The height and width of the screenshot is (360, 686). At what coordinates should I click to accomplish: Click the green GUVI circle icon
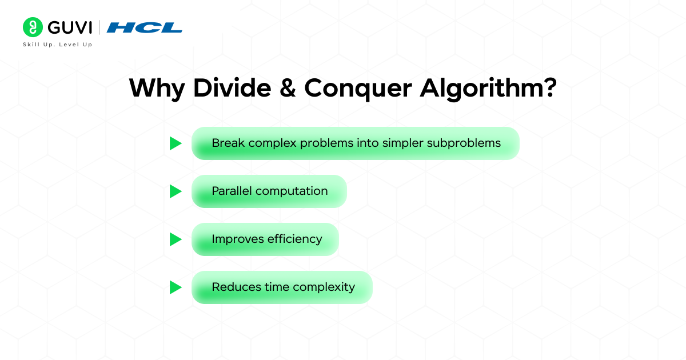click(x=33, y=27)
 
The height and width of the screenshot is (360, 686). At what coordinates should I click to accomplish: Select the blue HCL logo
click(x=144, y=27)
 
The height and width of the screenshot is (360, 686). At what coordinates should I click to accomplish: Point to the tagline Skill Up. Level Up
click(x=57, y=45)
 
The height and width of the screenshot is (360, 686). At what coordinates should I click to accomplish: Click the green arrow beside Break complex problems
click(x=175, y=143)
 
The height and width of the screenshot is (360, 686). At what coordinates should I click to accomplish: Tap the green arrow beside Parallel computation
click(x=175, y=191)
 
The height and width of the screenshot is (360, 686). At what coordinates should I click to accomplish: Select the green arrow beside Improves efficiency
click(x=175, y=239)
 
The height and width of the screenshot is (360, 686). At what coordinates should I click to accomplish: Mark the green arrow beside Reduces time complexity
click(x=175, y=287)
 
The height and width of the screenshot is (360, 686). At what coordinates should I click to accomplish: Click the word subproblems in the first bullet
click(x=464, y=143)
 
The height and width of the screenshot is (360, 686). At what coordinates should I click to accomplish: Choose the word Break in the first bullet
click(x=227, y=143)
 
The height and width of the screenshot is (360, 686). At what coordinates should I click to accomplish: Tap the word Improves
click(x=237, y=239)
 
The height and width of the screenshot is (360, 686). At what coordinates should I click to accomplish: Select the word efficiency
click(x=295, y=239)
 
